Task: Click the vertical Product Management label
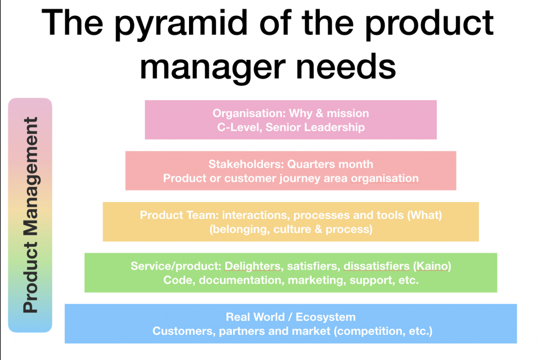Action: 31,215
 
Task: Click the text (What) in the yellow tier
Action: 424,215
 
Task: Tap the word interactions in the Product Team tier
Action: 255,215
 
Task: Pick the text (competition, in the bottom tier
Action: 371,331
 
